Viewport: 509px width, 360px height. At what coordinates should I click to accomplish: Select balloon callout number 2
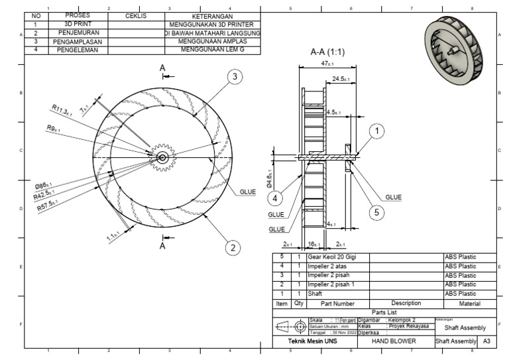(232, 247)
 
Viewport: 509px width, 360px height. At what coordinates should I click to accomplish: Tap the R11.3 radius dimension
(61, 109)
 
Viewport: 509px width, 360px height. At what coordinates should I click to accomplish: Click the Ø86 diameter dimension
(44, 186)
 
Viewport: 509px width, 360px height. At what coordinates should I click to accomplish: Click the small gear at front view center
(162, 157)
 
